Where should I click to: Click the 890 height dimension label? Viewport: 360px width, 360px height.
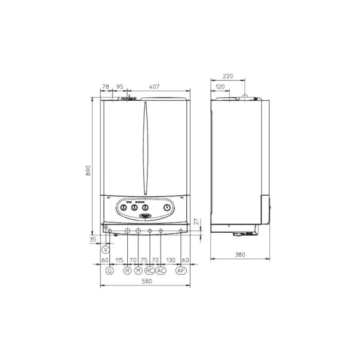(x=88, y=171)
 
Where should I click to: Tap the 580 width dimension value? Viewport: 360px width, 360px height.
(x=147, y=281)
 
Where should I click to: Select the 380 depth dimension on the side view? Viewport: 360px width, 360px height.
(x=240, y=254)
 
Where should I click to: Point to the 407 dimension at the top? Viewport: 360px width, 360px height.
(x=154, y=87)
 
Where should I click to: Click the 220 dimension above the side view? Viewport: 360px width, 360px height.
(x=227, y=76)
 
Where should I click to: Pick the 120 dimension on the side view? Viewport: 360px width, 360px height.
(x=220, y=87)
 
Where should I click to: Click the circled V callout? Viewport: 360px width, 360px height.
(x=106, y=250)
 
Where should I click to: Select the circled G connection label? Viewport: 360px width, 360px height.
(x=110, y=270)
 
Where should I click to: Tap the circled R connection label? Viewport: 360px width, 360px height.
(x=127, y=270)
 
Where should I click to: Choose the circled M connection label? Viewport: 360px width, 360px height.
(x=139, y=270)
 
